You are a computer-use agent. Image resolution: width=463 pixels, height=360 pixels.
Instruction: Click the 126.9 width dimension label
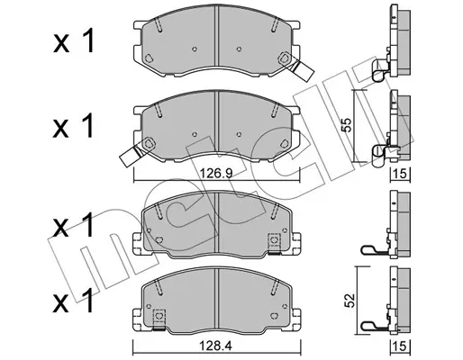(216, 174)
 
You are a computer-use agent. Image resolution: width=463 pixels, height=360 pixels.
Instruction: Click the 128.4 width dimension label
(216, 346)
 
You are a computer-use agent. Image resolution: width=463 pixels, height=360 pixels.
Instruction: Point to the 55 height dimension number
(346, 125)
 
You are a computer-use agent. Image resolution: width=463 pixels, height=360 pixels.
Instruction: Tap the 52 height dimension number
(350, 301)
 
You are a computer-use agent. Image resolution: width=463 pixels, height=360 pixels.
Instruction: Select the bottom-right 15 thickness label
(400, 346)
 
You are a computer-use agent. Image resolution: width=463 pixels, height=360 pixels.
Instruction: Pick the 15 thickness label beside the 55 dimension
(400, 174)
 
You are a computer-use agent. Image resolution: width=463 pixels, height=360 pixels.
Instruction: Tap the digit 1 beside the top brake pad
(87, 41)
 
